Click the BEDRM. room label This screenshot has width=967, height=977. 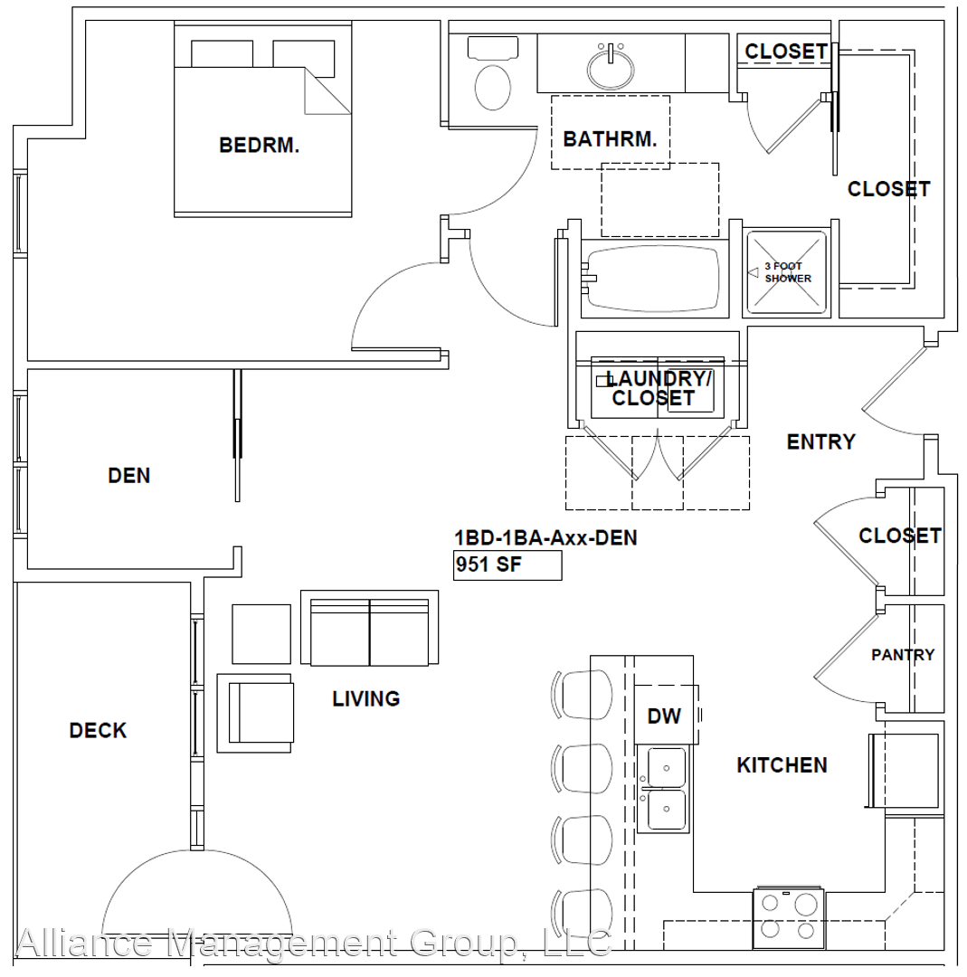[260, 145]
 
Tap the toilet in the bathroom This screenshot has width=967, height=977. [493, 73]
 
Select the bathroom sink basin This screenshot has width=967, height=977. [611, 67]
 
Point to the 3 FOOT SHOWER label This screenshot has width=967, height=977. [788, 272]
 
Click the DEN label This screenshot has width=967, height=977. [129, 476]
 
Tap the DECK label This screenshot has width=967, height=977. [98, 730]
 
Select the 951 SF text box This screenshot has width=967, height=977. [507, 565]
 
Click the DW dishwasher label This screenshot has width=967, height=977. [664, 716]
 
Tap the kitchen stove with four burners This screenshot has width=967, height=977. [788, 919]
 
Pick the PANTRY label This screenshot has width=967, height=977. [903, 655]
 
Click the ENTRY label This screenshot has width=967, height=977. [821, 441]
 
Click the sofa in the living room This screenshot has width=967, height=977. [369, 628]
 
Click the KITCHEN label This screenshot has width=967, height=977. [782, 765]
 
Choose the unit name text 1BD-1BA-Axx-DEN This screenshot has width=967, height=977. [545, 537]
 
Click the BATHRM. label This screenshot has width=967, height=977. [610, 139]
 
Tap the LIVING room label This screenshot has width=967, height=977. [365, 698]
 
